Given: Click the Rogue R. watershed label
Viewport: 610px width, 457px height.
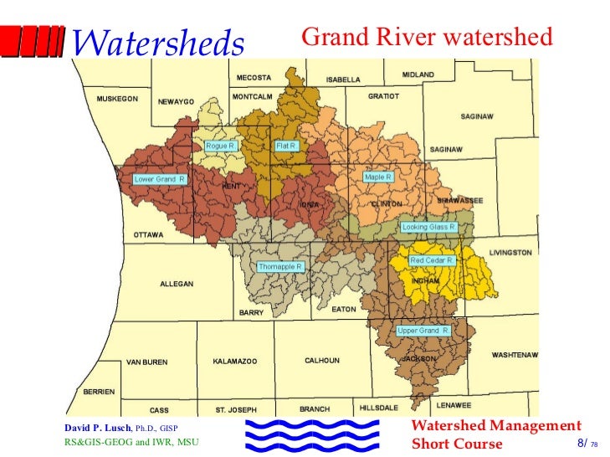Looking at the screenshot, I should coord(222,146).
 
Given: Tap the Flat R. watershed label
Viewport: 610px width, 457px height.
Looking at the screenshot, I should coord(286,146).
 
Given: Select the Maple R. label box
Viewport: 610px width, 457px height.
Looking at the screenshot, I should coord(377,177).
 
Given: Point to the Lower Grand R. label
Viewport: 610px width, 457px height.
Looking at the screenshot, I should coord(160,179).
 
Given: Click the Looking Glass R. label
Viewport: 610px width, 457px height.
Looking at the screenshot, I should coord(428,227).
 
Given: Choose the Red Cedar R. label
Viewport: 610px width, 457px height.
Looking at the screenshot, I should coord(432,260).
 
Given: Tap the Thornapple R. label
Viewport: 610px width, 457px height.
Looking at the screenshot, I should coord(280,266).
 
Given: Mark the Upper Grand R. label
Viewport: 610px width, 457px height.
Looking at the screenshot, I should coord(423,331).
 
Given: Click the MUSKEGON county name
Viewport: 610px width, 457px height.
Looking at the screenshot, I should coord(117,99).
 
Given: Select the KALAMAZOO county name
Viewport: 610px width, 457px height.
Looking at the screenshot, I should coord(234,361).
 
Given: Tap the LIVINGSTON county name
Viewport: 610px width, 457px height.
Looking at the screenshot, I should coord(510,253).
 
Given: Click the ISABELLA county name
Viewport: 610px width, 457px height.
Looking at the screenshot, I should coord(343,80).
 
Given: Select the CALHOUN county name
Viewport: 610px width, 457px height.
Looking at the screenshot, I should coord(321,361).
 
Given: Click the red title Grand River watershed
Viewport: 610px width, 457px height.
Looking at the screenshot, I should coord(427,37).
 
